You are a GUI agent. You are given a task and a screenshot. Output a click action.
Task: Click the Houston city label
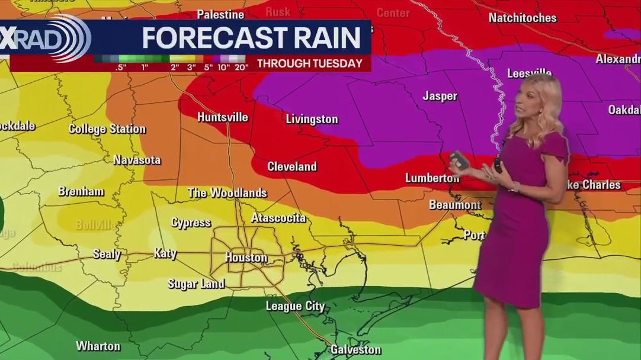(x=246, y=258)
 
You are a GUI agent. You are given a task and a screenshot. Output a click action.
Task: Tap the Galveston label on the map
(x=355, y=349)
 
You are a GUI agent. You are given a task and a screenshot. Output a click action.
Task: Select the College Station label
(x=107, y=128)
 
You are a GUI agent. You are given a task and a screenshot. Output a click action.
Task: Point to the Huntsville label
(x=222, y=117)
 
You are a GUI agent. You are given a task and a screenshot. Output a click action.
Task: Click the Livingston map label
(x=312, y=119)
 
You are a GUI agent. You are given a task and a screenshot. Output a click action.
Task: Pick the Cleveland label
(x=292, y=166)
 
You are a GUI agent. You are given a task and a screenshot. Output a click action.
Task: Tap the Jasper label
(x=440, y=96)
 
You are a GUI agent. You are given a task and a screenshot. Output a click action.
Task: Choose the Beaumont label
(x=455, y=205)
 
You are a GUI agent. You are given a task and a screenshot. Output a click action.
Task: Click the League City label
(x=295, y=306)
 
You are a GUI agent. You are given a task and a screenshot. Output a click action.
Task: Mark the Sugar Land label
(x=196, y=284)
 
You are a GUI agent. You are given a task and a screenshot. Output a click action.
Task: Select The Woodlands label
(x=227, y=193)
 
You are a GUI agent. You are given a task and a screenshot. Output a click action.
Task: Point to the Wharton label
(x=98, y=346)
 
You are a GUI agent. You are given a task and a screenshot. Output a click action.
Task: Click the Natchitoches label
(x=523, y=18)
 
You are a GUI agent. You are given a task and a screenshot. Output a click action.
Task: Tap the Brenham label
(x=81, y=191)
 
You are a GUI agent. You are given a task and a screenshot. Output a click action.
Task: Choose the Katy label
(x=165, y=253)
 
